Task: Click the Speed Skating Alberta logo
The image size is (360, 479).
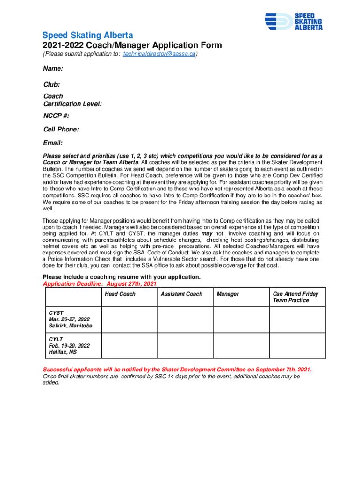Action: point(293,21)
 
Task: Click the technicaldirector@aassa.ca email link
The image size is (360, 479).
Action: point(159,55)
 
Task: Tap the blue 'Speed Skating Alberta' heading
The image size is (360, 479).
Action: point(87,36)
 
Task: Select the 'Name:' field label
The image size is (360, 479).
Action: point(53,69)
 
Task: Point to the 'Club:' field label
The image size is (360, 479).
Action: point(51,85)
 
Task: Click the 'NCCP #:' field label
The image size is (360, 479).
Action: point(56,116)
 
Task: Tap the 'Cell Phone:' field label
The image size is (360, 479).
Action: point(61,129)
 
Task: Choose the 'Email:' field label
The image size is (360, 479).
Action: point(53,143)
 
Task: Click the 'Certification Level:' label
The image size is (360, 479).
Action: point(72,104)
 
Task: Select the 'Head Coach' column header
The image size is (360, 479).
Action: point(120,294)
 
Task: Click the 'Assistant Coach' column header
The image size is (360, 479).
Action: point(181,294)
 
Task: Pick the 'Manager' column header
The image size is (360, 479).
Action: point(228,294)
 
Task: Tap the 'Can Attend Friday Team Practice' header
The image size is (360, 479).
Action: point(295,297)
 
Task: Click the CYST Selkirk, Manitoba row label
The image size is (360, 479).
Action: point(70,319)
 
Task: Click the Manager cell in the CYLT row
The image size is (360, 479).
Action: point(241,345)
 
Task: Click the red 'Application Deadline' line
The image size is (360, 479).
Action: point(100,284)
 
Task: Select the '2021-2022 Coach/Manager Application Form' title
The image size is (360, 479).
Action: point(132,46)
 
